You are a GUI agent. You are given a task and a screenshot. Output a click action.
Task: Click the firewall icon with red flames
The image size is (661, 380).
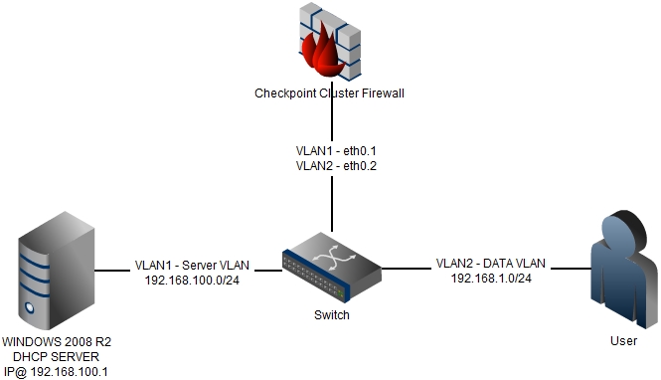[330, 42]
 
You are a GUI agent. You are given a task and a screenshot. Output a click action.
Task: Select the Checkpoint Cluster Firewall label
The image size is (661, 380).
[329, 94]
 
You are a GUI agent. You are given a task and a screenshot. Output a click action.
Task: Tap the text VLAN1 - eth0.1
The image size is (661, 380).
[336, 150]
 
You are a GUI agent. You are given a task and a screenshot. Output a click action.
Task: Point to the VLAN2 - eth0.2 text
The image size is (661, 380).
[336, 166]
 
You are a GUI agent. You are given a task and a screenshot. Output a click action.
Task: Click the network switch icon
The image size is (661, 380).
[332, 268]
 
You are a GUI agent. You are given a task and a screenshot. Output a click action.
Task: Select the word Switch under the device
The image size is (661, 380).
[332, 315]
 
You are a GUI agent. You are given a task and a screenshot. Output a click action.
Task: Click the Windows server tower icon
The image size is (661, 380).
[56, 271]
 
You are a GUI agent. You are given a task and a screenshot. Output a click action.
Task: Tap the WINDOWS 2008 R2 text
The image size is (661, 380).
[57, 341]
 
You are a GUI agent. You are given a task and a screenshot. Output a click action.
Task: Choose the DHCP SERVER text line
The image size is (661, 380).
[56, 357]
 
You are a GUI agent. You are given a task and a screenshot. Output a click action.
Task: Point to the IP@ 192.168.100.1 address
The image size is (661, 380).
[56, 372]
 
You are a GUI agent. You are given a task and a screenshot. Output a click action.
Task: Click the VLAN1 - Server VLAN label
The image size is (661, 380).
[192, 265]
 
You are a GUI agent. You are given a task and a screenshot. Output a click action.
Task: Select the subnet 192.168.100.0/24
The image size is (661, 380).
[192, 281]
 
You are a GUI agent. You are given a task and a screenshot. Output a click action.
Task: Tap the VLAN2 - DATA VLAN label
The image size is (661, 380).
[491, 264]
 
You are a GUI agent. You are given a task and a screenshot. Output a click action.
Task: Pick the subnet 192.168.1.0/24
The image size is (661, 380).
[491, 279]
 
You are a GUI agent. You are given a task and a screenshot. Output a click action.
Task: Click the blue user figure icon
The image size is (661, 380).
[624, 269]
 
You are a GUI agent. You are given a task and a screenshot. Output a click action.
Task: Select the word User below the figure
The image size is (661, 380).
[624, 341]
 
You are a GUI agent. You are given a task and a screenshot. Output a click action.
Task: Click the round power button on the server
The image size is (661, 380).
[30, 307]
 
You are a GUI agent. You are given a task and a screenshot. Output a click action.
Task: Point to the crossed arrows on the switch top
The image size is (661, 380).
[333, 256]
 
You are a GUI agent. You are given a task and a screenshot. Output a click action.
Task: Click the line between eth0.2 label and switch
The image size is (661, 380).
[332, 204]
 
